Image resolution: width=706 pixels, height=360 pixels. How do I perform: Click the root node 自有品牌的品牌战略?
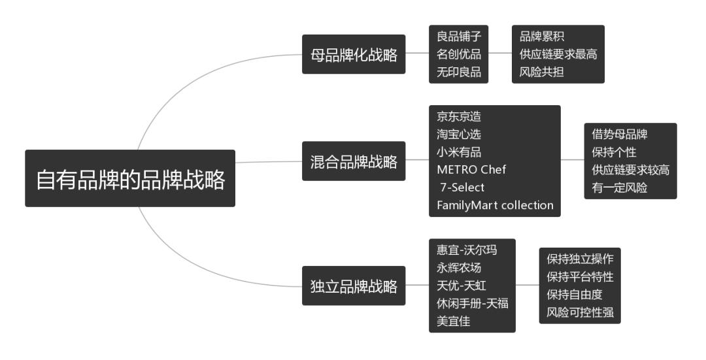click(130, 179)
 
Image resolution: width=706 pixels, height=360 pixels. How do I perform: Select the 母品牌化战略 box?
click(354, 54)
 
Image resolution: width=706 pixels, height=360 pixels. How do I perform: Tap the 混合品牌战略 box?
click(354, 161)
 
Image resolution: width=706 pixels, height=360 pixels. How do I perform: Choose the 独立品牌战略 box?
click(354, 286)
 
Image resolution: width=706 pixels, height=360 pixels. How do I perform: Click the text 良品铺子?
click(459, 37)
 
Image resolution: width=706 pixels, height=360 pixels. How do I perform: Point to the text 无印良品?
click(459, 72)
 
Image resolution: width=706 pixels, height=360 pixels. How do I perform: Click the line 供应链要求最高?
click(558, 54)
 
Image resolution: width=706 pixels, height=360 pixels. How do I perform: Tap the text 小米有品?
click(459, 152)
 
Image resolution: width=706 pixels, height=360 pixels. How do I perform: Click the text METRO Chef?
click(471, 170)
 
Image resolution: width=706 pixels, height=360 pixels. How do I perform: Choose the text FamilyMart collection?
click(495, 205)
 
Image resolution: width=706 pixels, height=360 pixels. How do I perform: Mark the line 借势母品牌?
click(619, 135)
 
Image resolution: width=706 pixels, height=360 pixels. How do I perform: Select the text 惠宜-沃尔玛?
click(466, 250)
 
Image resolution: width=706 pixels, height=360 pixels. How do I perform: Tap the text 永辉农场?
click(459, 268)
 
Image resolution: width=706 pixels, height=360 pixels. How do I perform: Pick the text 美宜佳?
click(454, 321)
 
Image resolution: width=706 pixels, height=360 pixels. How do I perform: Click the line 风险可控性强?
click(580, 312)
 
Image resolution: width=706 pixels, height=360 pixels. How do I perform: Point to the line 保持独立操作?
click(580, 259)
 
